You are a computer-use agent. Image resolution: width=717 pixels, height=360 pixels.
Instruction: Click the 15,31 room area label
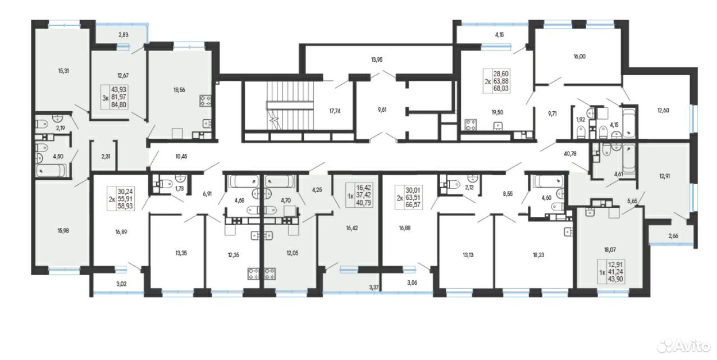click(x=63, y=71)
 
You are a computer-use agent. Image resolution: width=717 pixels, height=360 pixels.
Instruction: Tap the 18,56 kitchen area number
click(x=179, y=90)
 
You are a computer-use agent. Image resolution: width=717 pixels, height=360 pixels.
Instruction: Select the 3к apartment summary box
click(x=115, y=97)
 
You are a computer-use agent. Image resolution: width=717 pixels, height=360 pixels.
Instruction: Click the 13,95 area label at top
click(x=377, y=60)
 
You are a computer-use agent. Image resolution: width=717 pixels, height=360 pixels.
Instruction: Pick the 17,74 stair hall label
click(x=335, y=111)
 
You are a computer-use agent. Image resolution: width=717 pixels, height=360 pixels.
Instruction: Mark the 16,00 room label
click(x=579, y=56)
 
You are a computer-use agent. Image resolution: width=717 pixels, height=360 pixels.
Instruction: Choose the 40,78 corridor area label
click(x=570, y=154)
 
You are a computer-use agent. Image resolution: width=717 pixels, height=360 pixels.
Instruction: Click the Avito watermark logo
click(x=684, y=346)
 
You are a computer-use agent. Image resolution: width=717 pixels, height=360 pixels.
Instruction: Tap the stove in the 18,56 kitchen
click(x=205, y=101)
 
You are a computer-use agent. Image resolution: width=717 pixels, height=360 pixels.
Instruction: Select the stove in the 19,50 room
click(x=471, y=125)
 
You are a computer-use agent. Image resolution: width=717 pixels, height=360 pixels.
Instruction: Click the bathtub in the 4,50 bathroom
click(x=52, y=170)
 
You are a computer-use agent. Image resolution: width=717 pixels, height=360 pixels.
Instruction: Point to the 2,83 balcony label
click(x=123, y=35)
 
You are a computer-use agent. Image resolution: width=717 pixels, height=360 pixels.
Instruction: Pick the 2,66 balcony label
click(x=673, y=236)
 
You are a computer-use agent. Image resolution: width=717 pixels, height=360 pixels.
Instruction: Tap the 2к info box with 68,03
click(x=497, y=81)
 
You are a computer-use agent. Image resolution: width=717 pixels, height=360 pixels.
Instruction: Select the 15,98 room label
click(x=63, y=231)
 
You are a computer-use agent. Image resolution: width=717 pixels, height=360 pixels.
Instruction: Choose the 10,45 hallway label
click(x=181, y=156)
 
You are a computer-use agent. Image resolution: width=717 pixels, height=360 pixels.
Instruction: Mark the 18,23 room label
click(x=538, y=256)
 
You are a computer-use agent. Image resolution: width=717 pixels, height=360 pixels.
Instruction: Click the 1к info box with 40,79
click(x=359, y=195)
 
